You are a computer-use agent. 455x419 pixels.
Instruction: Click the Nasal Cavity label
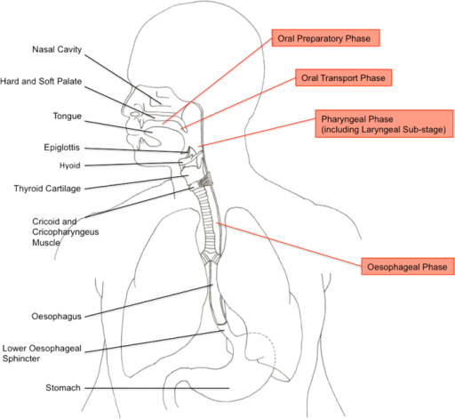pos(57,50)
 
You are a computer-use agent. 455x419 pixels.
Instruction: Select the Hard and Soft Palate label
pos(41,81)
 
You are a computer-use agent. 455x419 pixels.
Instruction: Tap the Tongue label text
pos(68,117)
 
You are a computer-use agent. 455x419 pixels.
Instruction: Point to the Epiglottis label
pos(61,148)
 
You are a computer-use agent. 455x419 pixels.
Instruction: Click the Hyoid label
pos(70,165)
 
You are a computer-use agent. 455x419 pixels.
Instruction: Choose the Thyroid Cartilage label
pos(47,189)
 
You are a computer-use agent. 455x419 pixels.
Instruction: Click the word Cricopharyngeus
pos(66,232)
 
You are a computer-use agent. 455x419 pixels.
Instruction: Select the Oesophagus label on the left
pos(56,317)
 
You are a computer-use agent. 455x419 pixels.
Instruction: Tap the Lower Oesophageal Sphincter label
pos(42,353)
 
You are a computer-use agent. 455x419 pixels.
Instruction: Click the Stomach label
pos(63,388)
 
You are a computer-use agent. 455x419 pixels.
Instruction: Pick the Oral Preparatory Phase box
pos(326,38)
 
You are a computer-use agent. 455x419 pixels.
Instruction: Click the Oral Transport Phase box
pos(344,77)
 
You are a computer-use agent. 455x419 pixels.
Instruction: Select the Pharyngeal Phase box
pos(384,124)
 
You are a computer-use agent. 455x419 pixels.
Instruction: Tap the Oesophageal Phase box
pos(408,267)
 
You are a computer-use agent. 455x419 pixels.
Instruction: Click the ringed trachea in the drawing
pos(208,225)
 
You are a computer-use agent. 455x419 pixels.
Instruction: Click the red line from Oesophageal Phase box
pos(289,244)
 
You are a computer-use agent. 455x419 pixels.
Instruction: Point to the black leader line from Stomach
pos(157,388)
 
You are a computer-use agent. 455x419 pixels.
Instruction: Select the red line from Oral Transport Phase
pos(238,103)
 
